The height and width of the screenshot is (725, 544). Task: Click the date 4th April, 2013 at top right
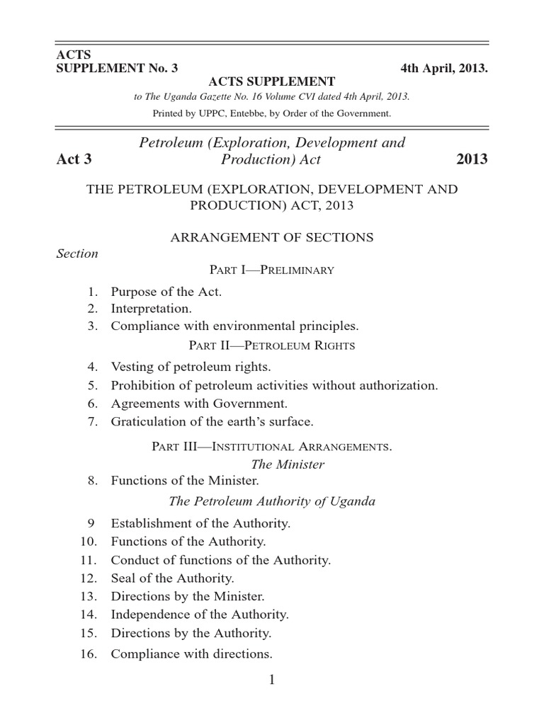[443, 69]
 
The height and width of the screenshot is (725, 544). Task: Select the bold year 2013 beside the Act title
[472, 159]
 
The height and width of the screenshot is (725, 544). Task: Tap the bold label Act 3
[74, 159]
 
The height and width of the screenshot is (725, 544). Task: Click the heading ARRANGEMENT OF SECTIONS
[272, 237]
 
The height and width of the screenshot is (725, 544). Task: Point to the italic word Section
[77, 253]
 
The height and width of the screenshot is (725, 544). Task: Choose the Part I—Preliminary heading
[272, 270]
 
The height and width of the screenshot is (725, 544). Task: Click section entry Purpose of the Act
[166, 292]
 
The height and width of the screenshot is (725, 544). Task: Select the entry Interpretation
[151, 309]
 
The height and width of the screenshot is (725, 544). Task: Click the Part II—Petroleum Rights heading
[272, 346]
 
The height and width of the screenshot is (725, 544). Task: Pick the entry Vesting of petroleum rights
[191, 367]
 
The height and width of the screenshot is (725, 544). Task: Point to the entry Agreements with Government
[199, 404]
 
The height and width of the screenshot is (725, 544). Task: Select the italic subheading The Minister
[288, 464]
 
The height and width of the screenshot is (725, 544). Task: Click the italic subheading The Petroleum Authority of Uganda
[272, 501]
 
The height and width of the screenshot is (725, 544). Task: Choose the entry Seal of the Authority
[172, 578]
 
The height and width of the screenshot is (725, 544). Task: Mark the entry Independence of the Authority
[200, 615]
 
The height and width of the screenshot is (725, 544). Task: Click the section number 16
[88, 654]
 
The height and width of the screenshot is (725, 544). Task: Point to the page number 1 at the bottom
[272, 680]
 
